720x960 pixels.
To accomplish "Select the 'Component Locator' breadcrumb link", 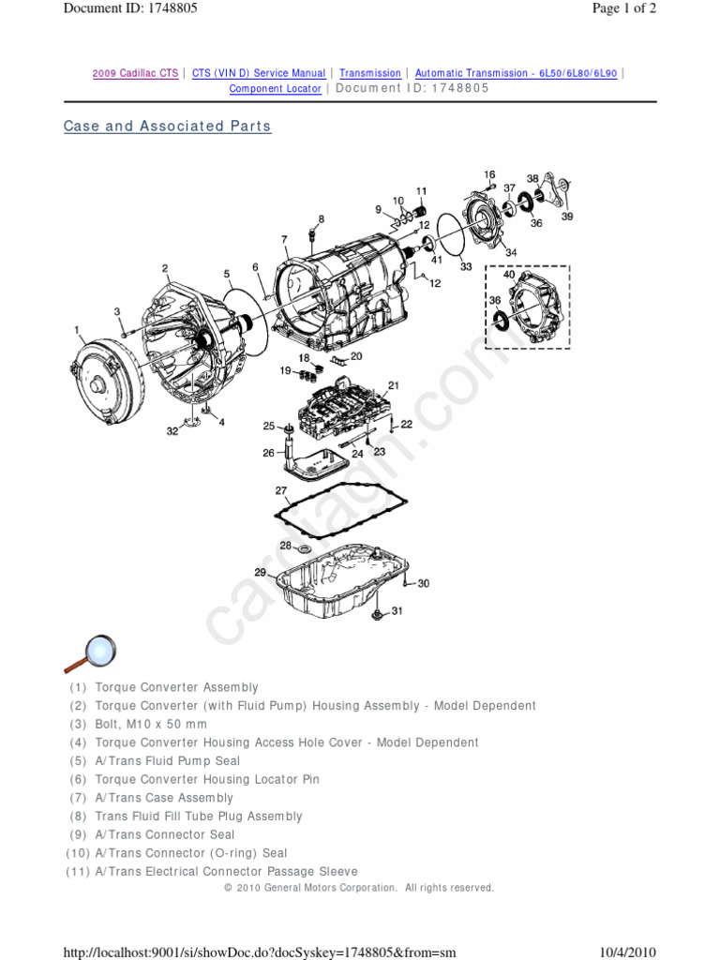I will [275, 89].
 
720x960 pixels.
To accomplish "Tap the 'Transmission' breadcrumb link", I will [369, 73].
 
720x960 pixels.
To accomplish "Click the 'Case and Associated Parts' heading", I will [167, 127].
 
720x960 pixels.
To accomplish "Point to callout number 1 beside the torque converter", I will [79, 330].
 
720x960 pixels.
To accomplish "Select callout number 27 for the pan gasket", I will [280, 491].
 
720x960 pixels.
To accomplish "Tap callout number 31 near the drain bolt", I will [397, 611].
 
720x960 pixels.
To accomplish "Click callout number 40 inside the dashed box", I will [509, 275].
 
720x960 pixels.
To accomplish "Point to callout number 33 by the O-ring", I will [466, 267].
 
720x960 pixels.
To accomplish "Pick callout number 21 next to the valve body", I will [394, 385].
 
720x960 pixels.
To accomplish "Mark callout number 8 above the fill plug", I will [321, 219].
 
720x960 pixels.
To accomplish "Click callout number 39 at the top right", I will [566, 217].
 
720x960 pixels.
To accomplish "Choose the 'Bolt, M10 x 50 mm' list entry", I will [151, 725].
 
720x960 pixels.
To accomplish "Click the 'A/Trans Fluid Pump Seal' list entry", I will [167, 761].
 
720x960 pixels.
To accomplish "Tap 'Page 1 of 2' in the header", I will [624, 8].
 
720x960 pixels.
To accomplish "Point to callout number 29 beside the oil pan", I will [260, 572].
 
